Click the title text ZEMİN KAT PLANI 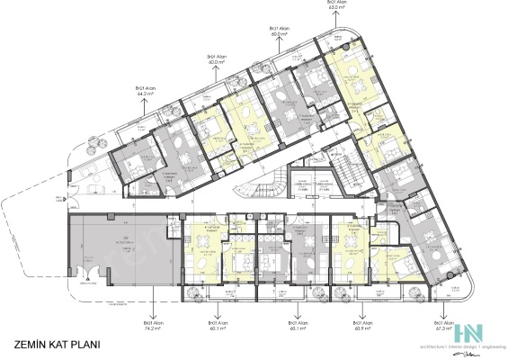pyautogui.click(x=57, y=344)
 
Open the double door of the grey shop pyautogui.click(x=86, y=274)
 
